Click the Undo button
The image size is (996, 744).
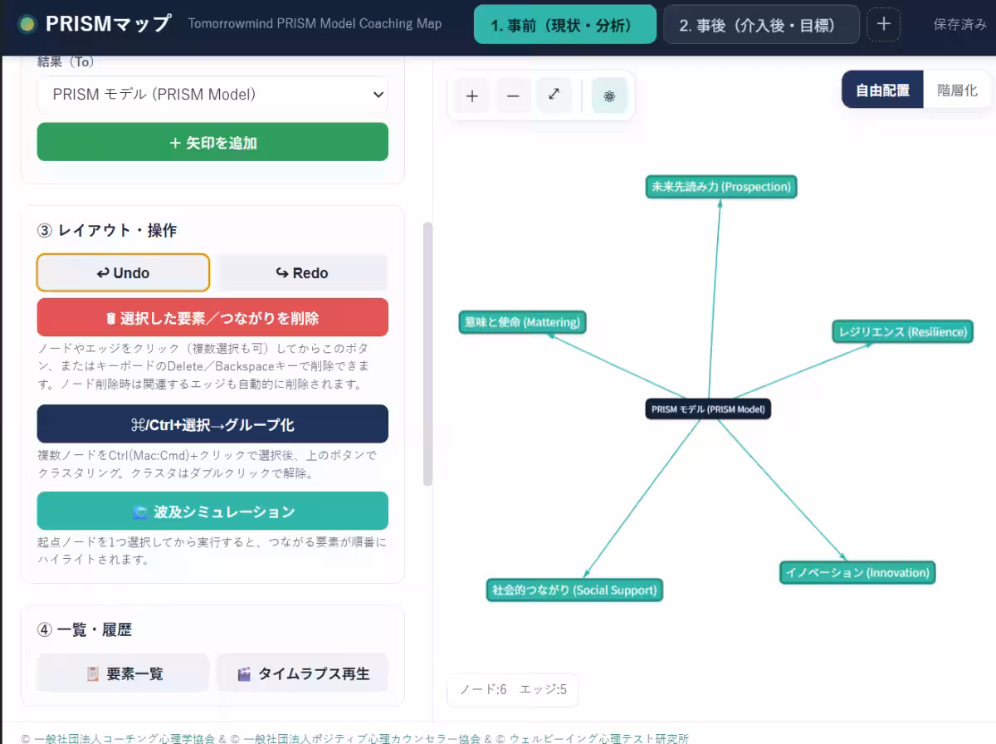[123, 272]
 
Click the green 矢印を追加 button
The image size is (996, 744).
[212, 142]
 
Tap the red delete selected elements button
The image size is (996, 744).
[212, 318]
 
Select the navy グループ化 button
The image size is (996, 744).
[212, 424]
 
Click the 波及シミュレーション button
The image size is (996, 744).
[212, 512]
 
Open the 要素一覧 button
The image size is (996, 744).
[124, 673]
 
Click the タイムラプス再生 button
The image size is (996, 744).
[303, 673]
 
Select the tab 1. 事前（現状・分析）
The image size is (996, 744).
[565, 25]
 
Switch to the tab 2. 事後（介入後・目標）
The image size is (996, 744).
[761, 25]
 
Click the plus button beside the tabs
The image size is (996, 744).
[883, 24]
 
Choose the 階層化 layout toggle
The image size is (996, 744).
[956, 90]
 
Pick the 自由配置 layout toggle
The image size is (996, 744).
[882, 90]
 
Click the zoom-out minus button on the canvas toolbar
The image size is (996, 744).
[513, 95]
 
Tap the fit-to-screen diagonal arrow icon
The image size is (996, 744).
[554, 95]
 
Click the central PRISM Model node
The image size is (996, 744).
[708, 409]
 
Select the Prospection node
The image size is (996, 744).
[721, 187]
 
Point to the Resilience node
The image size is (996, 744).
[902, 332]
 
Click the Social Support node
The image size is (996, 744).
[574, 590]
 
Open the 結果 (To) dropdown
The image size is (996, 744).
[212, 95]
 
